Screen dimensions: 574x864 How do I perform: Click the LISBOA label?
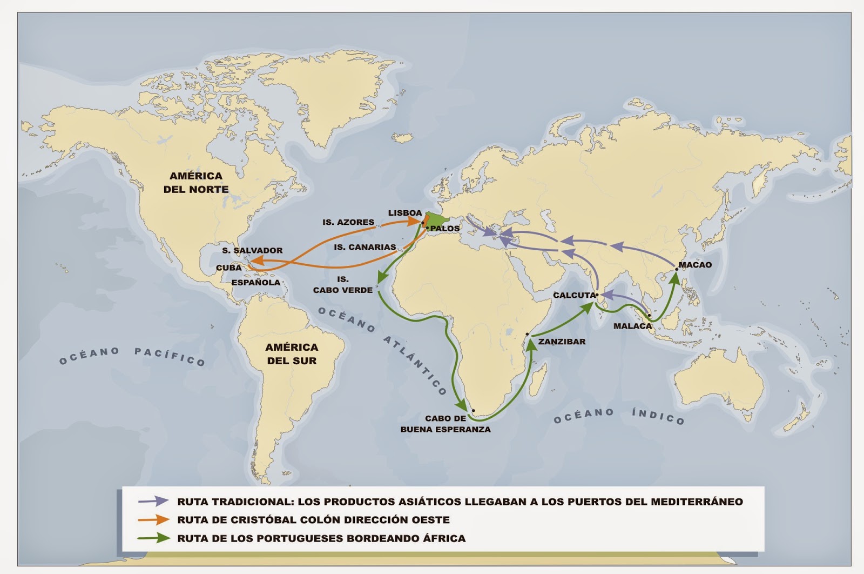[404, 213]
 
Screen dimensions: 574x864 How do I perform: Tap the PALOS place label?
[445, 229]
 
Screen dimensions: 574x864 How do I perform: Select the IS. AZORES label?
[348, 222]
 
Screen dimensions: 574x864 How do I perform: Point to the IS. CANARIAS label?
[365, 247]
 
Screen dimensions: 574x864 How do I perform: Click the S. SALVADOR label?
[252, 251]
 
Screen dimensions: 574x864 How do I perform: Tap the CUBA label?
[228, 268]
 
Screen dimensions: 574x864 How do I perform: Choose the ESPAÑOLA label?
[256, 282]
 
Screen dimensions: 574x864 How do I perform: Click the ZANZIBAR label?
[562, 342]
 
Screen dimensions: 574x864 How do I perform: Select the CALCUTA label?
[574, 295]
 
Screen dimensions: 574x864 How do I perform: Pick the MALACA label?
[632, 326]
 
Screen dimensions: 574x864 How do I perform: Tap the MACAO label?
[695, 265]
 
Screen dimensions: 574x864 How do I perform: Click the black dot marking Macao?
[676, 269]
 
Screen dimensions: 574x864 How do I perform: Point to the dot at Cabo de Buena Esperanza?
[473, 411]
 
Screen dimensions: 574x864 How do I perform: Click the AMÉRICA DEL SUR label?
[292, 354]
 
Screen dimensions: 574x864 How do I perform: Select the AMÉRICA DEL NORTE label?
[196, 183]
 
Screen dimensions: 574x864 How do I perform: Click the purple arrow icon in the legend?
[154, 501]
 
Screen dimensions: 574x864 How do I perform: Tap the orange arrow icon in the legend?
[154, 520]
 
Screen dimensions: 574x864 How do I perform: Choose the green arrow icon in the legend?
[154, 538]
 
